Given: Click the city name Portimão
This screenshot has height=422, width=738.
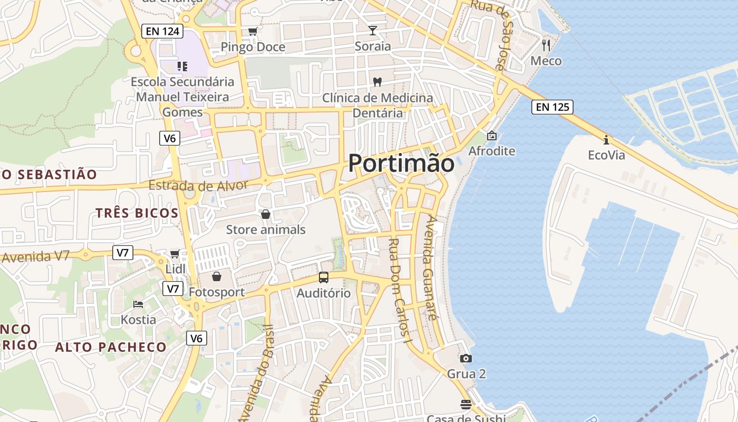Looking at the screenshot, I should click(x=401, y=164).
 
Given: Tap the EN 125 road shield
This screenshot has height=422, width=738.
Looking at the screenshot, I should click(x=552, y=107).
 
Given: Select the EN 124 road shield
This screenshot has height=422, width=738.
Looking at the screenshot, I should click(x=162, y=31).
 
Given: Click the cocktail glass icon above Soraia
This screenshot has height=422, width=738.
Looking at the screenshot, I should click(x=373, y=31).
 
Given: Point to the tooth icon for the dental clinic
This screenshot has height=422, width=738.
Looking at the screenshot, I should click(x=377, y=82).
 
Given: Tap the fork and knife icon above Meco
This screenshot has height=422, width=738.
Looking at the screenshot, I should click(x=546, y=45).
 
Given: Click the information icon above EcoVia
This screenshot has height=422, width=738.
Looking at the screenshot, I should click(x=606, y=140).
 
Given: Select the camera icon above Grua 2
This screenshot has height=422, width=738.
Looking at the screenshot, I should click(x=466, y=359).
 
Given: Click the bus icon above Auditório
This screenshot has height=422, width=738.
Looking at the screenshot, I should click(x=324, y=277).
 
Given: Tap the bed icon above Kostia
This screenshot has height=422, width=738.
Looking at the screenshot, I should click(x=138, y=304).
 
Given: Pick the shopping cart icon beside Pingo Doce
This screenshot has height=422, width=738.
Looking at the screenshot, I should click(x=253, y=31).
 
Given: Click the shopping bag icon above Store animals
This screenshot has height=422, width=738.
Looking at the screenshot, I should click(x=266, y=214).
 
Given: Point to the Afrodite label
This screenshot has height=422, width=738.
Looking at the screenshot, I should click(x=492, y=151).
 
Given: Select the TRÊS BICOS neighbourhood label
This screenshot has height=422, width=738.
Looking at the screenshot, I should click(x=137, y=213).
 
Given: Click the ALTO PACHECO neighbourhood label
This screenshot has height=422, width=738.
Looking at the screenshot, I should click(x=111, y=347).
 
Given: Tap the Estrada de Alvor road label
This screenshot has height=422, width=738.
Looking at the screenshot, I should click(x=198, y=186).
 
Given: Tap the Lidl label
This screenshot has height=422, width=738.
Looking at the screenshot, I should click(x=175, y=269).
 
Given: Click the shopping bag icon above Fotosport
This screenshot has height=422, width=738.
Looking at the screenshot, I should click(x=216, y=276).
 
